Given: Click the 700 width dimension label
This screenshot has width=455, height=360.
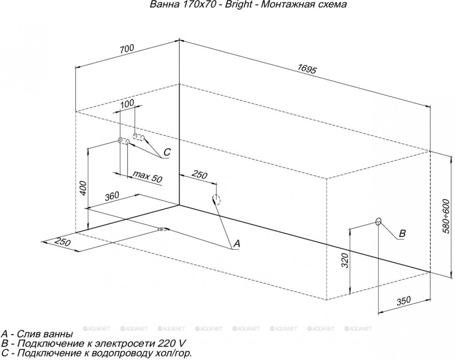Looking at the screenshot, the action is [127, 49].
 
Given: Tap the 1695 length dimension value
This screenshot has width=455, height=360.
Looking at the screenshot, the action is [307, 69].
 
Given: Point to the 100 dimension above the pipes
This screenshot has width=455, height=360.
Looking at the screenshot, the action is [127, 103].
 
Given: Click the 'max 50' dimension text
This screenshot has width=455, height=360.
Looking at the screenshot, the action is [147, 177].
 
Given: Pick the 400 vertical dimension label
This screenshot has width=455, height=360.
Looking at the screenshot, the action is [83, 188].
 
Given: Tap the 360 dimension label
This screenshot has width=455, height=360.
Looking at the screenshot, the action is [112, 196].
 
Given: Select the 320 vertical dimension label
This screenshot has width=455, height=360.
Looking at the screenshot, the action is [345, 261].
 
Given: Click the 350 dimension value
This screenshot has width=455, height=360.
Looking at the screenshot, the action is [403, 301].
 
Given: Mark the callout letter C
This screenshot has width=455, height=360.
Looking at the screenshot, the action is [167, 152].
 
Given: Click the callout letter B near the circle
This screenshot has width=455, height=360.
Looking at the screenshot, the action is [402, 234].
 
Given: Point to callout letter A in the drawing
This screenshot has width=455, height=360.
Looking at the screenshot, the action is [237, 244].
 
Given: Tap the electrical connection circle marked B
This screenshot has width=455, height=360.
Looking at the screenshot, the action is [378, 222].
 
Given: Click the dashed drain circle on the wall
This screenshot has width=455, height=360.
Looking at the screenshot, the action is [217, 200].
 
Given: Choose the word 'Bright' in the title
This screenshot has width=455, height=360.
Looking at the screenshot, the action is [238, 5].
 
